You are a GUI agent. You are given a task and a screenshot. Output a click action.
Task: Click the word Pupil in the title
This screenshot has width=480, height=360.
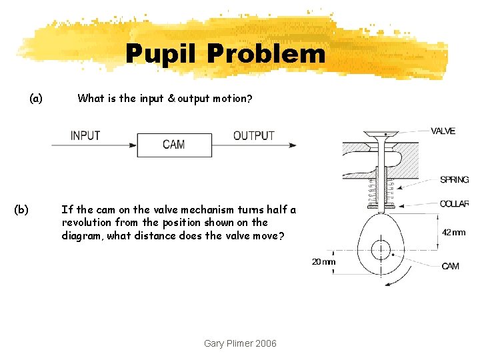[x=161, y=53]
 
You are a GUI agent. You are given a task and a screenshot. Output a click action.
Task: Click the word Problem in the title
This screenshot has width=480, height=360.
[x=267, y=53]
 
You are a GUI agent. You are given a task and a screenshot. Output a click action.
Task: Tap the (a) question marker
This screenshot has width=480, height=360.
[x=36, y=99]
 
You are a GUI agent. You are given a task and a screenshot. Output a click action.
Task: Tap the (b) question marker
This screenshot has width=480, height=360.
[x=21, y=209]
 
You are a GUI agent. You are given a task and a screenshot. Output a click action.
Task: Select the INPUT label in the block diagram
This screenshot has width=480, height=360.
[x=85, y=135]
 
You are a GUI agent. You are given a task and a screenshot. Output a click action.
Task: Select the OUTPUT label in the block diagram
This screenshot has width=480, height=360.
[x=253, y=135]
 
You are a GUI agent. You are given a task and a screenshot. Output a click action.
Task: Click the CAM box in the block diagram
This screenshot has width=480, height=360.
[x=174, y=144]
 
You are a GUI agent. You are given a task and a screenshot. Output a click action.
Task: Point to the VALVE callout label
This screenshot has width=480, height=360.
[x=443, y=131]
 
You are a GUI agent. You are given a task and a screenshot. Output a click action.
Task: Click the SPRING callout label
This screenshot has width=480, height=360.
[x=454, y=180]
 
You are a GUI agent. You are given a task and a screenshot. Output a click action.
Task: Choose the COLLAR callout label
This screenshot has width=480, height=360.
[x=455, y=204]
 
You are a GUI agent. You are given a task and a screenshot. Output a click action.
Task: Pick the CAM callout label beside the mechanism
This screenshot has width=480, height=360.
[x=450, y=266]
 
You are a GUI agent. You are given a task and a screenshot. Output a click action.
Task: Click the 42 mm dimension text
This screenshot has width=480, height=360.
[x=453, y=233]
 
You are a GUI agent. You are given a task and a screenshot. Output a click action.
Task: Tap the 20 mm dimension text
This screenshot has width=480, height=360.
[x=324, y=262]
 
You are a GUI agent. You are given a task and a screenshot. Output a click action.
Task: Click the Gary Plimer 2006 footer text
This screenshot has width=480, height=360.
[x=240, y=343]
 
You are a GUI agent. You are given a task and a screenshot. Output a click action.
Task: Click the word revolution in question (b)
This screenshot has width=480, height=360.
[x=85, y=223]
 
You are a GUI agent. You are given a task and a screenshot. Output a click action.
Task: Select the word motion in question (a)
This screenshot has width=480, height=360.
[x=232, y=99]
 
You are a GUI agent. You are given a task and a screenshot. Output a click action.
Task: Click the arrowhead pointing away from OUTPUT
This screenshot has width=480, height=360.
[x=292, y=144]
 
